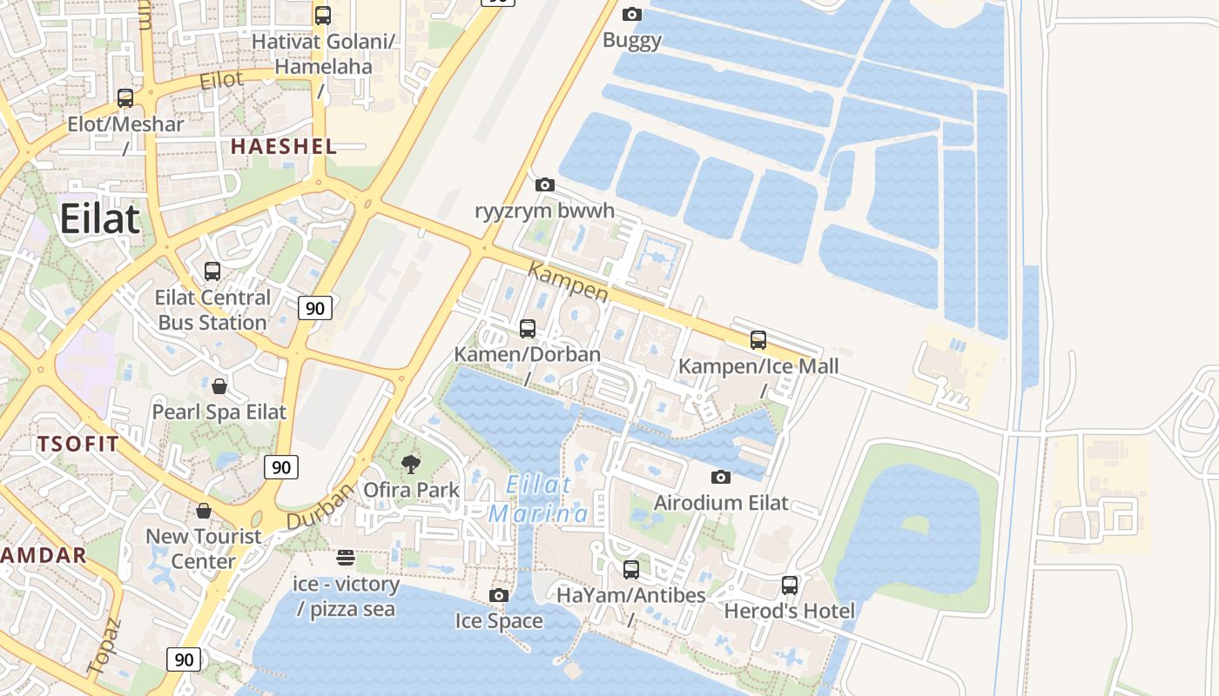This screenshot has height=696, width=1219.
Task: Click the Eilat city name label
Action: tap(99, 218)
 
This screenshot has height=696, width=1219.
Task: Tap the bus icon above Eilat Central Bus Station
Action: tap(212, 271)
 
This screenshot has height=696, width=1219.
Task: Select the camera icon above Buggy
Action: tap(632, 14)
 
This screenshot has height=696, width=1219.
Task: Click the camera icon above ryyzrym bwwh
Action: tap(545, 184)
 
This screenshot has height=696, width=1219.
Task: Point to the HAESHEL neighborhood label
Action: tap(283, 147)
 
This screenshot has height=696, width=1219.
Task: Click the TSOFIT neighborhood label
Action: tap(77, 444)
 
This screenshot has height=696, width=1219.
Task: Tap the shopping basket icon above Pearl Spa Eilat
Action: tap(219, 385)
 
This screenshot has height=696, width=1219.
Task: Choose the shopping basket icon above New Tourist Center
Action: tap(204, 511)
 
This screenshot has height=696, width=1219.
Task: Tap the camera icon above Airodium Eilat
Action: tap(721, 477)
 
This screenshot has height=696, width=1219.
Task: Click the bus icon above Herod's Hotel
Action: tap(790, 586)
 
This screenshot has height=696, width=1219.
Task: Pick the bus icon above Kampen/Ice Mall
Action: tap(758, 340)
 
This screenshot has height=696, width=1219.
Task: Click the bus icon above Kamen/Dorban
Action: tap(528, 328)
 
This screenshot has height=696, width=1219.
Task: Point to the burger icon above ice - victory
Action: tap(346, 558)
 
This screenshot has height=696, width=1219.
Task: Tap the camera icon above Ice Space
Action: tap(499, 595)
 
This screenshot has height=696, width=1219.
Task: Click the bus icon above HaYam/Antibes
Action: tap(631, 570)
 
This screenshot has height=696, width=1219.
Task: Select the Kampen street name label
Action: tap(569, 284)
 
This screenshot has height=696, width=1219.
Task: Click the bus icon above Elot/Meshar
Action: tap(125, 98)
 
